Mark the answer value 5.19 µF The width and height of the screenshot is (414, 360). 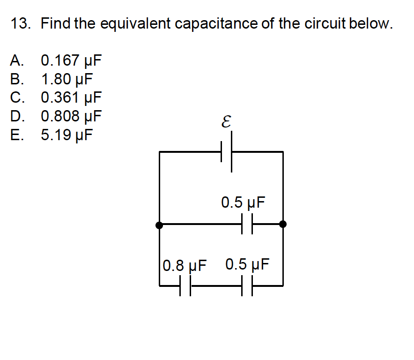(x=67, y=135)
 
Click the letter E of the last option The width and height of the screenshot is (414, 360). (x=15, y=135)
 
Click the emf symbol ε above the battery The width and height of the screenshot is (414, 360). (x=226, y=123)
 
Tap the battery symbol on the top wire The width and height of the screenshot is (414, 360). (x=226, y=152)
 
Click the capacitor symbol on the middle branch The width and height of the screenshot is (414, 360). (x=247, y=225)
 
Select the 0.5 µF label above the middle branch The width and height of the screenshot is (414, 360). (x=243, y=203)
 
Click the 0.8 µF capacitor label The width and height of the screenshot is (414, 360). (x=185, y=266)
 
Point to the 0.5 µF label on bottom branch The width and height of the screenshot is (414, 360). (x=247, y=264)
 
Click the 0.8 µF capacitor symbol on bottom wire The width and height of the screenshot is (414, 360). (x=185, y=285)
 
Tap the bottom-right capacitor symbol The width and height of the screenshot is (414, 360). (x=247, y=285)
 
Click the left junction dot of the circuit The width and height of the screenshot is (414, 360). (x=160, y=225)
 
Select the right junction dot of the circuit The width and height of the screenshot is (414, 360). (x=283, y=225)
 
